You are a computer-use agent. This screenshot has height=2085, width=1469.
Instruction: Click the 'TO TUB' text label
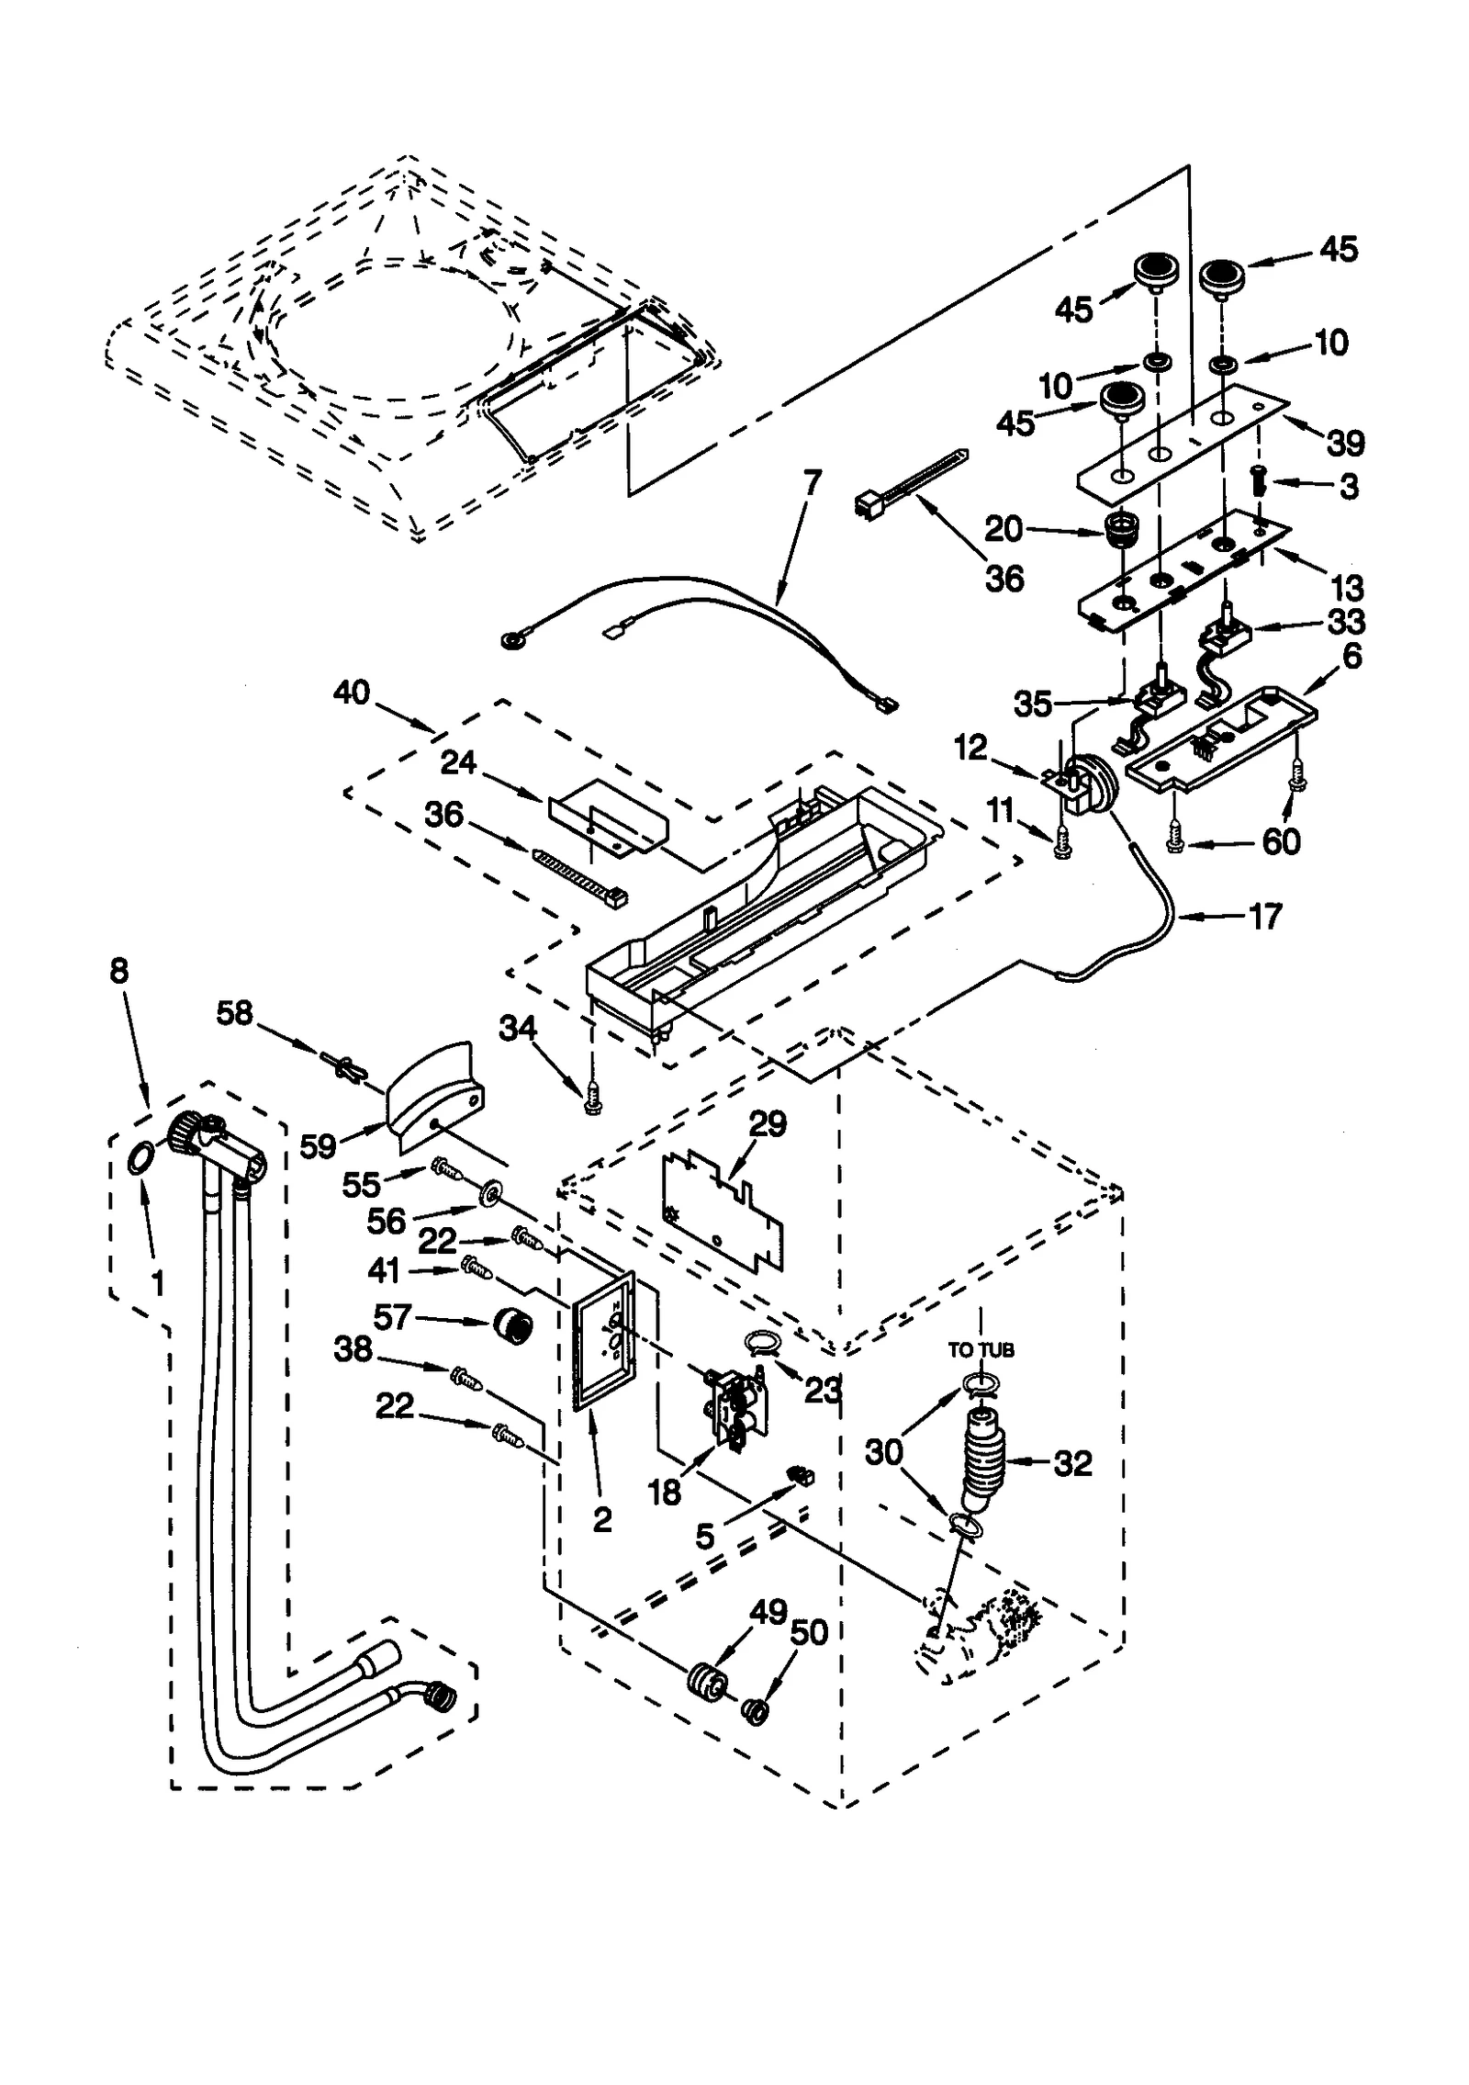pyautogui.click(x=981, y=1350)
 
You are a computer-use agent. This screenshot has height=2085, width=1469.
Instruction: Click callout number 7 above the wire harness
pyautogui.click(x=811, y=482)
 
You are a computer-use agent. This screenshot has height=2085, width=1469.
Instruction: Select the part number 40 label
pyautogui.click(x=352, y=692)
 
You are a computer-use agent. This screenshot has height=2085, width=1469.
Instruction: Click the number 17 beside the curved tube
pyautogui.click(x=1265, y=916)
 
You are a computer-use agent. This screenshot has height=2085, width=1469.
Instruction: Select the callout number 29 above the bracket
pyautogui.click(x=768, y=1123)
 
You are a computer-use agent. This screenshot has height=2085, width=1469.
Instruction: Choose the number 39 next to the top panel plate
pyautogui.click(x=1346, y=443)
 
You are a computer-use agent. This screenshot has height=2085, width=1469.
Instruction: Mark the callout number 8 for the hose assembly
pyautogui.click(x=119, y=971)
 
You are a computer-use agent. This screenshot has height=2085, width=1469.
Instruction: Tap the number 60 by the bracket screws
pyautogui.click(x=1282, y=840)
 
